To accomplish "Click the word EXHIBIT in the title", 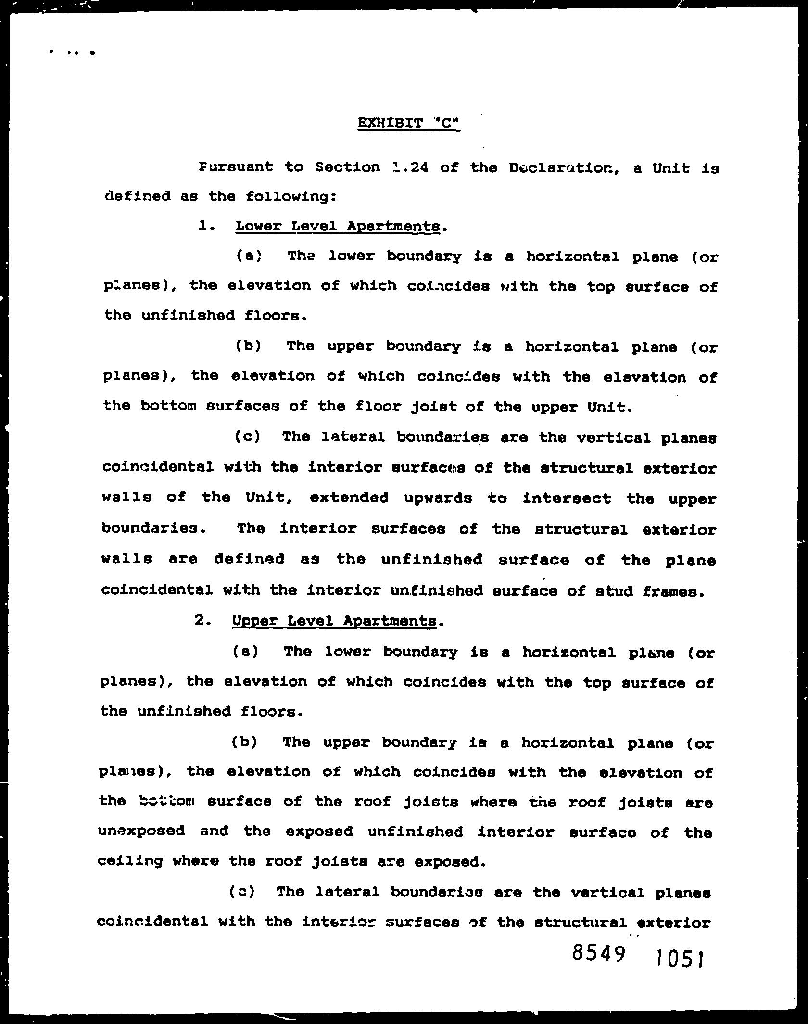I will [x=390, y=123].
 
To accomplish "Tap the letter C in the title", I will [x=447, y=123].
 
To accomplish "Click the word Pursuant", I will [x=236, y=167].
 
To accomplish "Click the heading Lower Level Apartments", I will [x=338, y=226].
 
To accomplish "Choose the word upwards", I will [x=438, y=498].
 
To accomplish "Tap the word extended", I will [x=349, y=498].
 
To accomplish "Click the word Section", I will [x=347, y=167].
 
